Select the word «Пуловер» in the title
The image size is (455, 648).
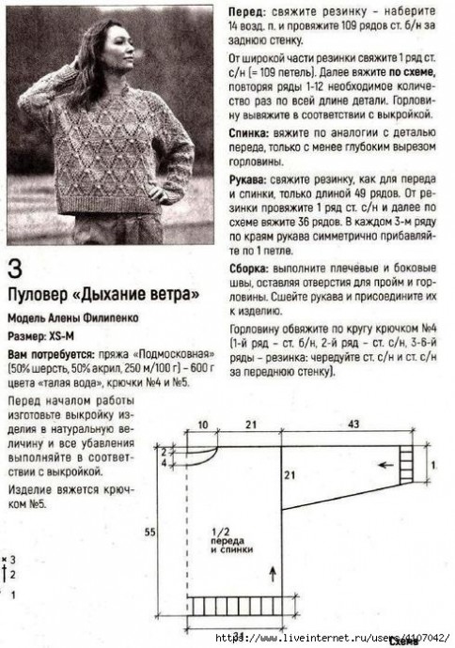(40, 293)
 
